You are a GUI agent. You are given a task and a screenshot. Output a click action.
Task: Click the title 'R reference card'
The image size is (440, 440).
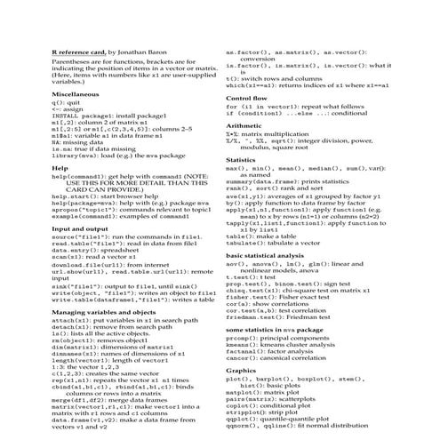pyautogui.click(x=79, y=54)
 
